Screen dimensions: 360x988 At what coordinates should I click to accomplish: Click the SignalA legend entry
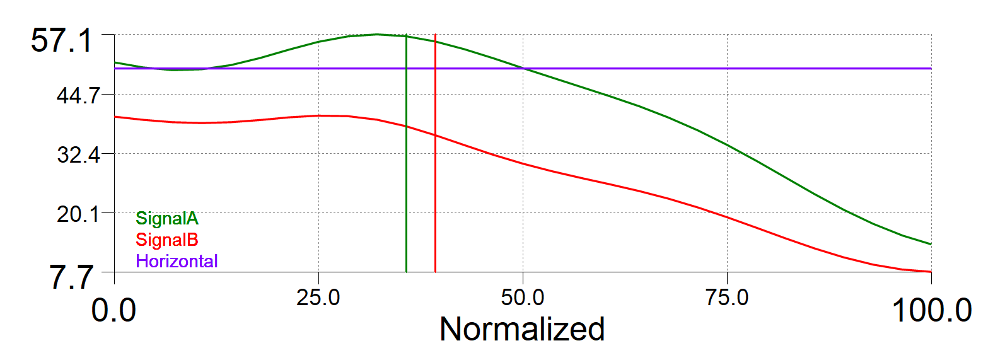(167, 219)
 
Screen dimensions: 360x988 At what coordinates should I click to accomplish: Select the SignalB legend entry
(167, 240)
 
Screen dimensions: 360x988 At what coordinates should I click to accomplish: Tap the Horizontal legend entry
(177, 260)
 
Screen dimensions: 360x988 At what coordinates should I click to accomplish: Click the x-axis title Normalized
(522, 329)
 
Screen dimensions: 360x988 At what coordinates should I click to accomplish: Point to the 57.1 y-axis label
(61, 42)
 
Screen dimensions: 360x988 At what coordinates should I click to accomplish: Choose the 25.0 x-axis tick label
(318, 297)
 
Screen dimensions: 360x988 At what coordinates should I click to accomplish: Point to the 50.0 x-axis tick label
(523, 297)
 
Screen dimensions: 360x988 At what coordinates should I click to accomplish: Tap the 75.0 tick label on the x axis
(727, 297)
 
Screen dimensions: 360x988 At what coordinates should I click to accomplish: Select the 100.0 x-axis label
(931, 311)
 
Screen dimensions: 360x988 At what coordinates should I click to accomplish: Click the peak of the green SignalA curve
(376, 34)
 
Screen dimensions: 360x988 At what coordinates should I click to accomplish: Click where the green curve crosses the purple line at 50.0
(523, 68)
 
